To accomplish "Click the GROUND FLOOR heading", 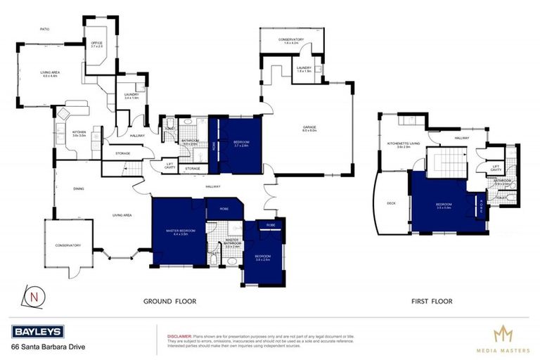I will point(169,301).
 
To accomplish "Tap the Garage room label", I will point(309,129).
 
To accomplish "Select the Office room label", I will point(96,44).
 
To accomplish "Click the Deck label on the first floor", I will point(392,204).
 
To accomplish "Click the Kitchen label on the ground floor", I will point(77,134).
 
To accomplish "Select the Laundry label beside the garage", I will point(304,68).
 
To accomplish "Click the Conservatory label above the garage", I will point(290,40).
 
